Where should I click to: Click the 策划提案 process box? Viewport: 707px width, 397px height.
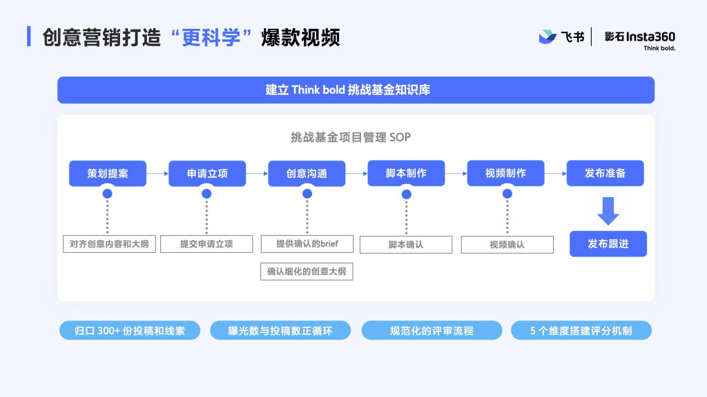point(108,173)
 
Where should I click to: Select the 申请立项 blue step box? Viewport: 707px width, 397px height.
point(207,173)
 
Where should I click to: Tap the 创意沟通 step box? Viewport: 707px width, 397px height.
point(307,173)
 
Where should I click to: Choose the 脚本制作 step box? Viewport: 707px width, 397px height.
point(406,173)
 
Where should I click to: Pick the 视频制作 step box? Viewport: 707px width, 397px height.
point(506,173)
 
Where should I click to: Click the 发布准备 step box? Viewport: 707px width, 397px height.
point(606,173)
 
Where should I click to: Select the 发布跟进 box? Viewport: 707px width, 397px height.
point(608,244)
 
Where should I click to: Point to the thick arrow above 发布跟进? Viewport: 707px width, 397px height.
point(608,211)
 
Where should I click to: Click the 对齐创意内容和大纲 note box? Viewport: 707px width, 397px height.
point(110,244)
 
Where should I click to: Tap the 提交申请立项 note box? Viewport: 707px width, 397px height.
point(206,244)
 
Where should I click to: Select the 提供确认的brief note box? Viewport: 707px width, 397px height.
point(307,243)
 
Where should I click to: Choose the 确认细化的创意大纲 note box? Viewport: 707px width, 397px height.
point(307,272)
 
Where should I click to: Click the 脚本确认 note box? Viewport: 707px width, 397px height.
point(406,245)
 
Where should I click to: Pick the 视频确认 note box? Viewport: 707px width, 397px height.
point(507,245)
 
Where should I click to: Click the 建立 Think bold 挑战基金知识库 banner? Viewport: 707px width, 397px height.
point(356,90)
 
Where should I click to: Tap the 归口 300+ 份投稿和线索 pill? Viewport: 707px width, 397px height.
point(130,331)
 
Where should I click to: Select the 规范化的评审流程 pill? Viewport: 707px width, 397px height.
point(432,331)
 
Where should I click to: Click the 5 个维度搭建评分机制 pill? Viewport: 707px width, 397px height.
point(581,331)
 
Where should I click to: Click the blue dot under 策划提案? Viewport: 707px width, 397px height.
point(107,194)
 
